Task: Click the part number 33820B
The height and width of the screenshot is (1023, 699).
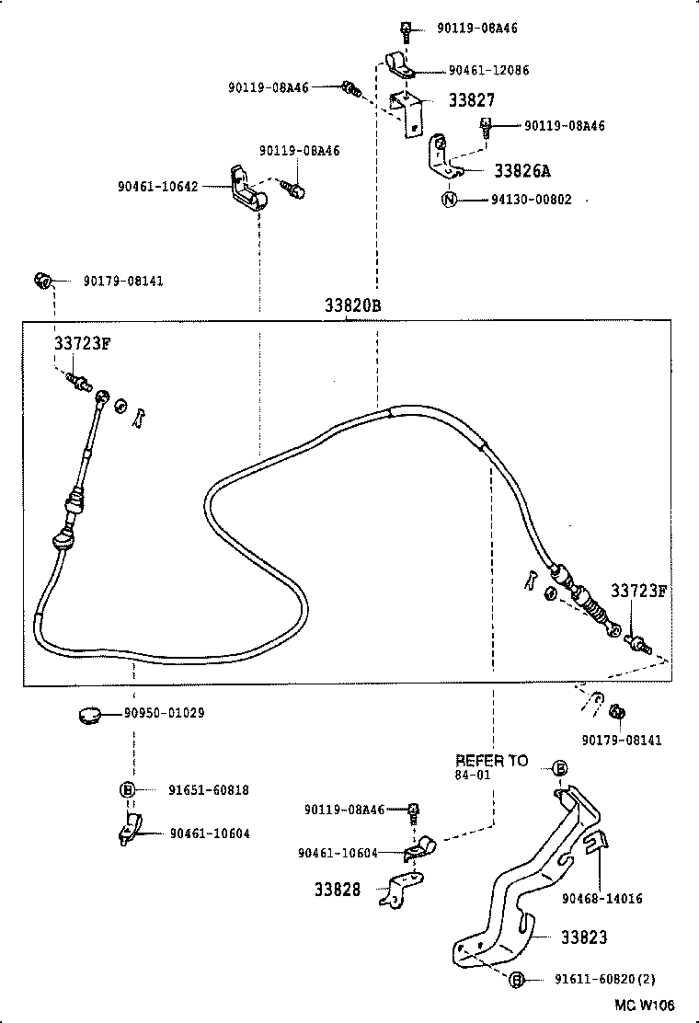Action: (x=351, y=305)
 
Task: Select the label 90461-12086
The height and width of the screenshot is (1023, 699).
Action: (x=488, y=70)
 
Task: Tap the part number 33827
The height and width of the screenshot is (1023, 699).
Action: (x=472, y=102)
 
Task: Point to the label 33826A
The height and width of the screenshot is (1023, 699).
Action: (x=522, y=171)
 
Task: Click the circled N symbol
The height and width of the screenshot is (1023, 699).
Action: (x=448, y=200)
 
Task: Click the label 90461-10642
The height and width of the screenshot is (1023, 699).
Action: (x=157, y=186)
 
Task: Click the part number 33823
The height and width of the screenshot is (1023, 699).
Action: (x=583, y=937)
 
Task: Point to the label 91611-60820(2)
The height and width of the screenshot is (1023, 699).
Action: (x=604, y=980)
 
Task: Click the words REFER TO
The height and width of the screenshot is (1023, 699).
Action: (x=492, y=761)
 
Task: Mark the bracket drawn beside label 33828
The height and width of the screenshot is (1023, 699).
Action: (x=400, y=890)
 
